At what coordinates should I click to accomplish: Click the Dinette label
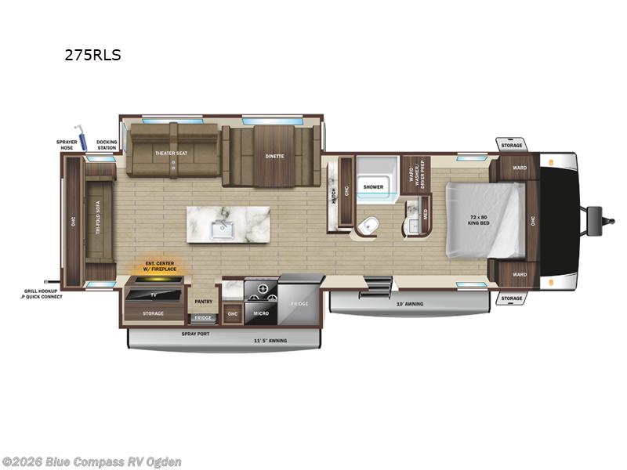274,156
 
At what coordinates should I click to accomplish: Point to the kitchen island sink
225,230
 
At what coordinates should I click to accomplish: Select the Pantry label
204,301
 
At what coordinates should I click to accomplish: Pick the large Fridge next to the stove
299,302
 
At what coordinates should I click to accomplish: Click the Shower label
373,186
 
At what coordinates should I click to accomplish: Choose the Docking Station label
107,145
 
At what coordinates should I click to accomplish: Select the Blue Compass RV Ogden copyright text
92,461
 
